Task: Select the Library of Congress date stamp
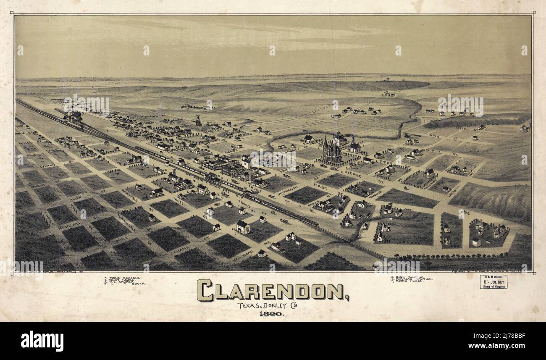pyautogui.click(x=493, y=282)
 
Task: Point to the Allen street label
pyautogui.click(x=76, y=197)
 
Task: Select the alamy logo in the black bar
pyautogui.click(x=42, y=341)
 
